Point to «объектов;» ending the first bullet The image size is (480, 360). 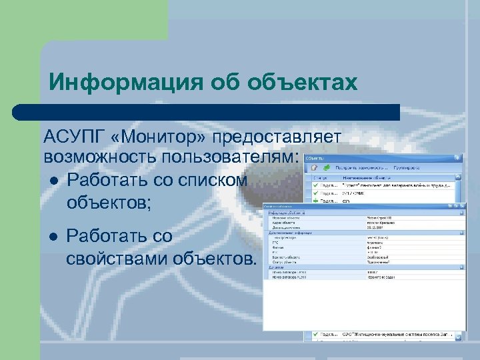point(110,200)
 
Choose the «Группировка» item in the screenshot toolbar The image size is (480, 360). point(407,169)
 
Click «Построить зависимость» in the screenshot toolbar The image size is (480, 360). point(360,169)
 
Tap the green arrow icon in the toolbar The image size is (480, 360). point(325,169)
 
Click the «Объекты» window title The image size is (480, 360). point(316,158)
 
